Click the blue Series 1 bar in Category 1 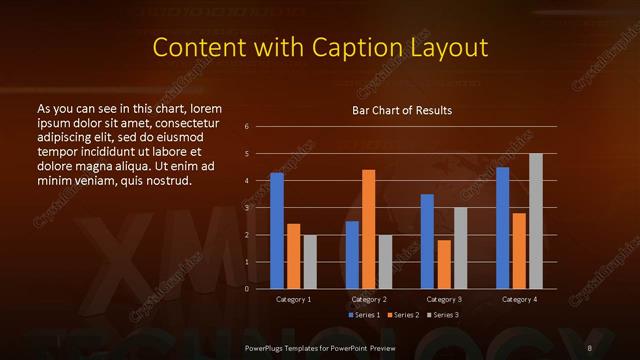277,231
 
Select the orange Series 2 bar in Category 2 369,229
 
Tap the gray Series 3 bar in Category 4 536,221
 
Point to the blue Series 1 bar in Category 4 503,228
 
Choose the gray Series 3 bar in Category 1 310,262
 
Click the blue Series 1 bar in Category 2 352,255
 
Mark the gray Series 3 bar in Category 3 461,248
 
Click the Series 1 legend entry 364,315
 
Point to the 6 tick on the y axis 246,127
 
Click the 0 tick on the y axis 246,289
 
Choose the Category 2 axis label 369,299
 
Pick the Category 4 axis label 519,299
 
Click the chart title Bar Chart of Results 402,109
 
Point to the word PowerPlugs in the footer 265,347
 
